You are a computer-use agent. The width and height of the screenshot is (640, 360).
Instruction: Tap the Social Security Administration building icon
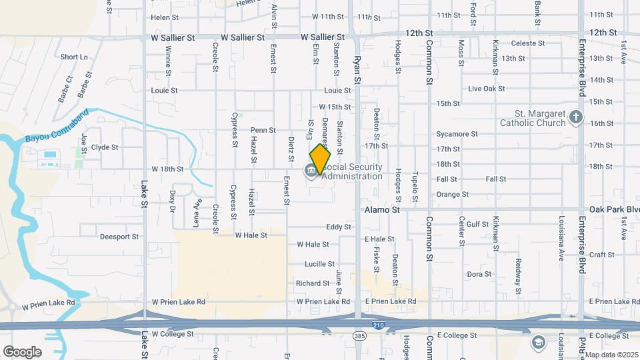[x=311, y=171]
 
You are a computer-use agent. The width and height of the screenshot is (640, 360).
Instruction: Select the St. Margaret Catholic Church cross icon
[x=577, y=119]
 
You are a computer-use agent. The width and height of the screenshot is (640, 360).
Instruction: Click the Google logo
[x=22, y=351]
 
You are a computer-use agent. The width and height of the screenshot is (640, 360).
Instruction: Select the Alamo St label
[x=381, y=209]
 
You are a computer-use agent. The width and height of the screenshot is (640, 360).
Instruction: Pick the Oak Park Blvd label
[x=614, y=209]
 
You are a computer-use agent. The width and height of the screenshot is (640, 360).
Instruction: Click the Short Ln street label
[x=74, y=57]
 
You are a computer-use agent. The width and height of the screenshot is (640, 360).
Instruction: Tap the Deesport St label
[x=119, y=236]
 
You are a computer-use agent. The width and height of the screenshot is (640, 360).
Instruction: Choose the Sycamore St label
[x=457, y=134]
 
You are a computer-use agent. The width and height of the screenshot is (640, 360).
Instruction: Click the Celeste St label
[x=528, y=43]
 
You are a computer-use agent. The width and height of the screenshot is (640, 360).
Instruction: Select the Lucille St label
[x=319, y=264]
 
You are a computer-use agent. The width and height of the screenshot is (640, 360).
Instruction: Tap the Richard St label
[x=313, y=283]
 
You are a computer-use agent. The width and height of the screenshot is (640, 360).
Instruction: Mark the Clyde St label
[x=105, y=147]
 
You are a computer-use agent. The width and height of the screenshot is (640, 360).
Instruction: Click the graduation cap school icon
[x=537, y=343]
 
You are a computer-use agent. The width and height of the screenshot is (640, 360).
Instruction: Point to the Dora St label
[x=479, y=274]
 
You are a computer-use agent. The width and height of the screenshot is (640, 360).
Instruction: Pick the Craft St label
[x=601, y=255]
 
